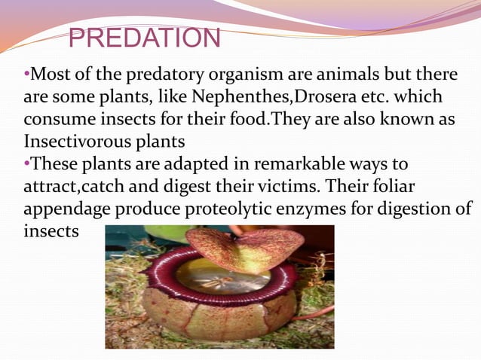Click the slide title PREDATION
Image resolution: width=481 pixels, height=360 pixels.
[145, 37]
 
